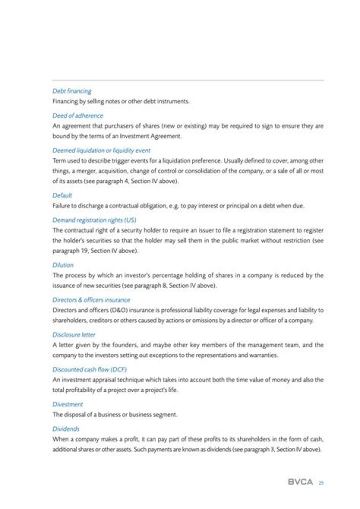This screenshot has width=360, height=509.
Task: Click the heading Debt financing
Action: point(72,91)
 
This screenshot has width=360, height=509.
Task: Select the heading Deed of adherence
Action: point(78,115)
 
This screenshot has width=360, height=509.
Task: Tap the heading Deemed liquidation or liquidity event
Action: point(101,150)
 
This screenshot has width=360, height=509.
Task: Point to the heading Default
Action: point(62,195)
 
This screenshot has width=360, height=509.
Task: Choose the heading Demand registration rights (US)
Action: point(94,220)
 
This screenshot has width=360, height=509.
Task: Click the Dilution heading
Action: point(63,265)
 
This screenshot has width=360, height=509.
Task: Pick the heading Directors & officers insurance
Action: point(91,300)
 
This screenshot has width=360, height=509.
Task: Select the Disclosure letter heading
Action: point(74,334)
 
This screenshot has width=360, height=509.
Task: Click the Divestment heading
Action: point(67,404)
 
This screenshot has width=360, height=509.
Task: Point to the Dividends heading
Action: point(66,428)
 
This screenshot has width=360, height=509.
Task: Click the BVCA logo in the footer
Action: point(300,482)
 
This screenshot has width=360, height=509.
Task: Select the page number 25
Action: point(321,482)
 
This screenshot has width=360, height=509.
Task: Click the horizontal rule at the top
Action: point(188,80)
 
